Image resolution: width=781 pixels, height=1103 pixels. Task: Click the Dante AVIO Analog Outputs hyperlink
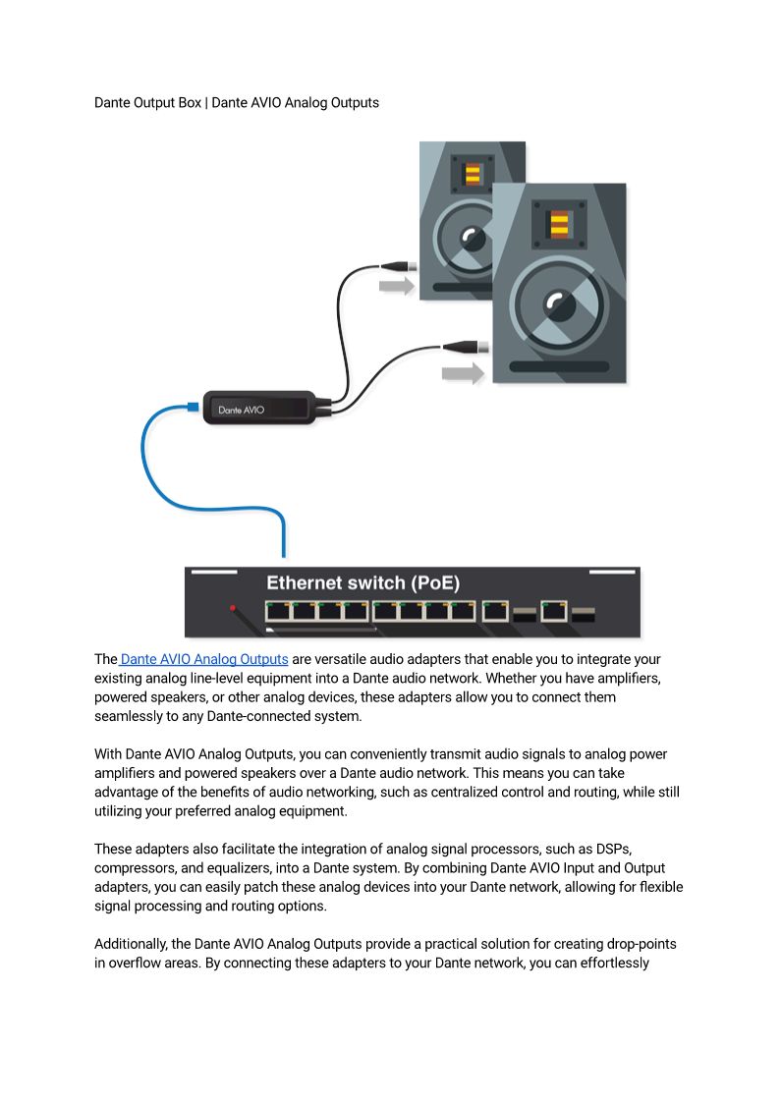[204, 659]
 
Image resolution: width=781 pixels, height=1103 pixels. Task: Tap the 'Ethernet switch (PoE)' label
[363, 582]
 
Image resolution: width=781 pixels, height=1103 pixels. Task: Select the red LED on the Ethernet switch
[233, 608]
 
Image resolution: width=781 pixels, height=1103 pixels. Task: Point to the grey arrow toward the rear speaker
[397, 286]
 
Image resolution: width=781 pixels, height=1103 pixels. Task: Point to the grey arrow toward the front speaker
[463, 373]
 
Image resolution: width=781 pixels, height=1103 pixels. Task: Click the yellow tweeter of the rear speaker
[473, 175]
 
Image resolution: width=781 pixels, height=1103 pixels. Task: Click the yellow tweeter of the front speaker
[559, 224]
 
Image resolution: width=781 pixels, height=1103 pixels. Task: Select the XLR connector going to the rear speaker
[400, 265]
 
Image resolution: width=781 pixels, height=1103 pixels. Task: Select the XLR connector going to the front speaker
[460, 346]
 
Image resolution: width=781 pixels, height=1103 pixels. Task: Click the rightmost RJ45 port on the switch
[556, 611]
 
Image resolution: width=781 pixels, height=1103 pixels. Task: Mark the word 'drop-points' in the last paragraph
[640, 944]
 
